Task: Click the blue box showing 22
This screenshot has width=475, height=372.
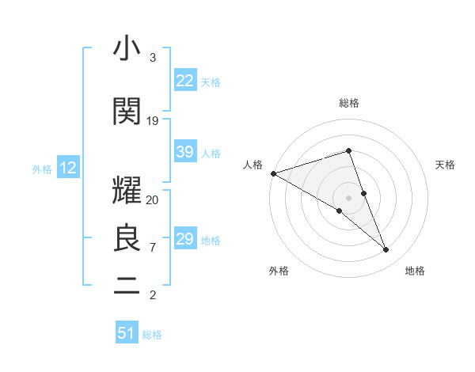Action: click(185, 81)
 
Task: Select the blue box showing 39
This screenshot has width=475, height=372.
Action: click(185, 152)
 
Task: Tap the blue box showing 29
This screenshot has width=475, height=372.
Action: click(185, 239)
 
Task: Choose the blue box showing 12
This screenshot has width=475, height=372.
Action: click(67, 168)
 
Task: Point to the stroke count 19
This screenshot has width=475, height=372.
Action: click(153, 121)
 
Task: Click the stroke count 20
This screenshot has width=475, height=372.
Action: click(153, 200)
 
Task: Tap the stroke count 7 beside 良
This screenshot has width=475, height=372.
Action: click(153, 248)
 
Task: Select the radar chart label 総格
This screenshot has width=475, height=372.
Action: click(348, 103)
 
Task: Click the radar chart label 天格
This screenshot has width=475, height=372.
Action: click(445, 165)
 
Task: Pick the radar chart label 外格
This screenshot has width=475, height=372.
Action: click(279, 271)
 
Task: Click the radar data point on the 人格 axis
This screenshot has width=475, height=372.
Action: click(273, 173)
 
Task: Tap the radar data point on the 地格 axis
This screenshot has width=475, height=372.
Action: click(386, 250)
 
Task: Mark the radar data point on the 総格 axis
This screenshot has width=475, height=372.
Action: click(348, 150)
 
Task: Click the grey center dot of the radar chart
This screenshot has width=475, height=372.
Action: click(348, 197)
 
